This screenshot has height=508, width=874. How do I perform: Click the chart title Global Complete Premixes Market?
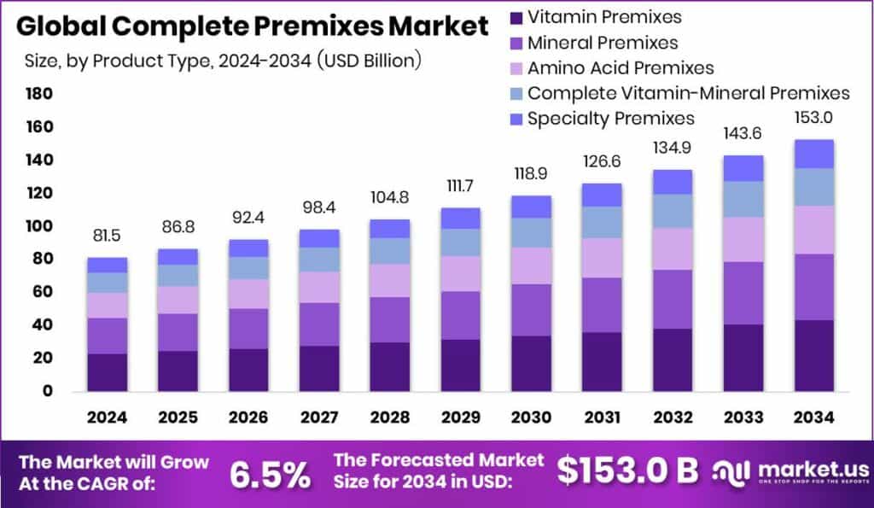253,26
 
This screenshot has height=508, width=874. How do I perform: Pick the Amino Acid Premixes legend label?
621,67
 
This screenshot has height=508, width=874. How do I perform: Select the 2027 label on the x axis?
319,417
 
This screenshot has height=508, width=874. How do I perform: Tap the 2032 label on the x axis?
673,417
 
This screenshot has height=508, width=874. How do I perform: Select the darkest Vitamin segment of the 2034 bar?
813,355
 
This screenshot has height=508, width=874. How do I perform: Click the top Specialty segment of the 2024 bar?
107,265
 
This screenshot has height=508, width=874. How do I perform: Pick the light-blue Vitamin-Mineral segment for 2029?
460,242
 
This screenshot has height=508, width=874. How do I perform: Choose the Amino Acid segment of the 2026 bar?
248,294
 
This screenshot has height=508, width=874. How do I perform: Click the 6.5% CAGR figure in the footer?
271,474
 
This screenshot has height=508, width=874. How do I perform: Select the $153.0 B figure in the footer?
627,470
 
